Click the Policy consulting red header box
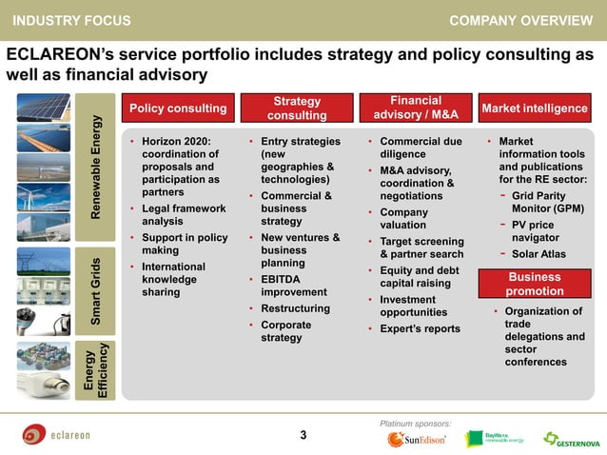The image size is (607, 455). click(177, 109)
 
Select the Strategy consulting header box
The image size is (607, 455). click(297, 109)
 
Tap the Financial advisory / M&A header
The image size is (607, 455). click(415, 109)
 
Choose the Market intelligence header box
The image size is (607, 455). click(535, 109)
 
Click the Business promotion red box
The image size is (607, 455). click(535, 284)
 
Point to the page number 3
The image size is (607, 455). click(303, 436)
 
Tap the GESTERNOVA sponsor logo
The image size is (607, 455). click(571, 439)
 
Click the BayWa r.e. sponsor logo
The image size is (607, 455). click(494, 438)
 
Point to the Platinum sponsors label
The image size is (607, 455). click(415, 422)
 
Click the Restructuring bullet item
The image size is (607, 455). click(295, 308)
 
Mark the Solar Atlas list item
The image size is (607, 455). click(537, 253)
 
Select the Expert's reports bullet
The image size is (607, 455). click(420, 329)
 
